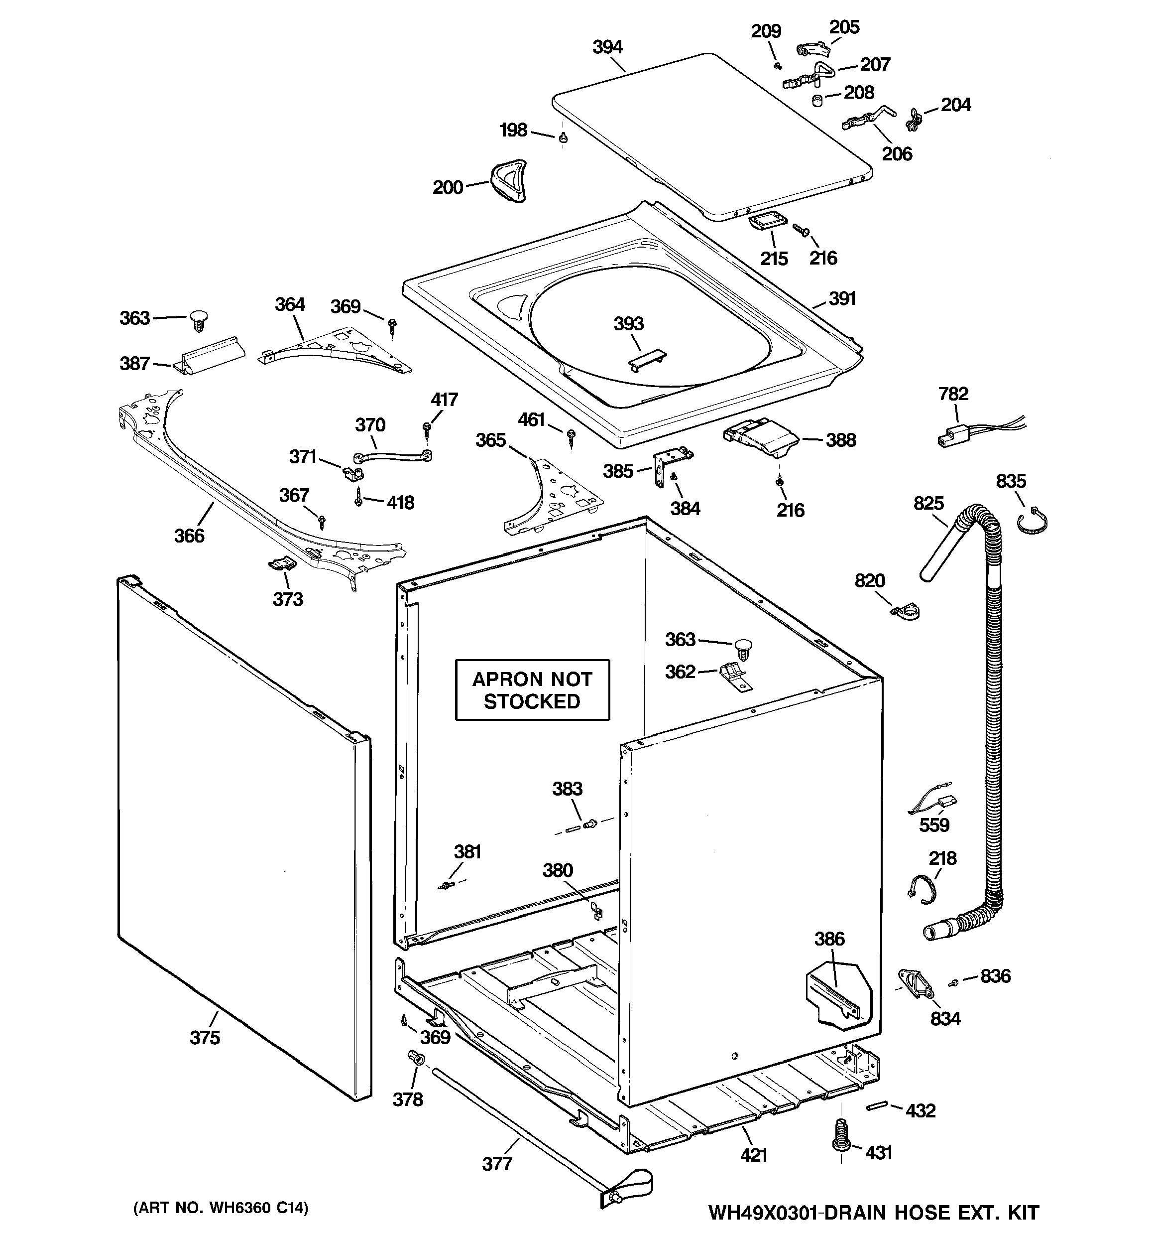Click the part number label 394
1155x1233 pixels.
pos(607,47)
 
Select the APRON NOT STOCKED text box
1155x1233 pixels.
pos(532,689)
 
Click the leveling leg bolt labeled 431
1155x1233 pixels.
pos(840,1133)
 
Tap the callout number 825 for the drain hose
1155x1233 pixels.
pos(928,503)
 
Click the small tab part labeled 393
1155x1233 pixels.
pos(647,360)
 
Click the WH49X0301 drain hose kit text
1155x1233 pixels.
pos(873,1212)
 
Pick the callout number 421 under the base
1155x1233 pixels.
pos(754,1155)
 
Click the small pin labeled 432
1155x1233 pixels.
pos(877,1107)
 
